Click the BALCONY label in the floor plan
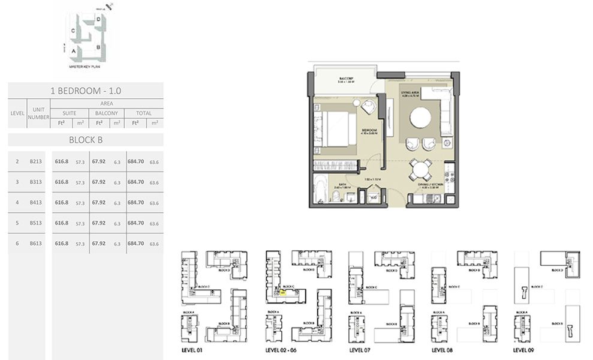pyautogui.click(x=345, y=79)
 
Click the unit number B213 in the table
pyautogui.click(x=35, y=161)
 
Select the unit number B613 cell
pyautogui.click(x=35, y=244)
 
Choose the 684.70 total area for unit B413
pyautogui.click(x=136, y=202)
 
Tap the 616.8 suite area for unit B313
pyautogui.click(x=61, y=182)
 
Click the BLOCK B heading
pyautogui.click(x=85, y=140)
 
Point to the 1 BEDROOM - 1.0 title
pyautogui.click(x=85, y=91)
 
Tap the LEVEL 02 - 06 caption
pyautogui.click(x=281, y=349)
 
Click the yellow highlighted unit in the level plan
pyautogui.click(x=282, y=293)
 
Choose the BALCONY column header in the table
pyautogui.click(x=107, y=113)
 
